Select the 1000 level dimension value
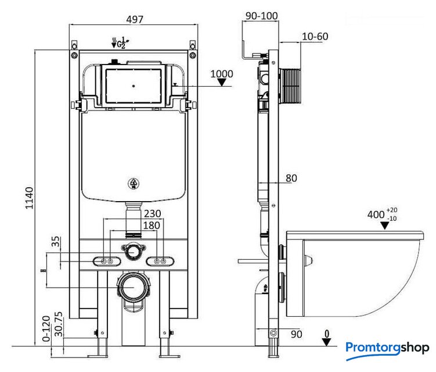click(x=222, y=74)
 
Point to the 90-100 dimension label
click(x=261, y=16)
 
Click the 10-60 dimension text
click(x=315, y=37)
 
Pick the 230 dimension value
click(x=152, y=213)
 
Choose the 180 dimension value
click(x=152, y=224)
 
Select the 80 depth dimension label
click(x=291, y=178)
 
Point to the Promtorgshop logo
click(x=387, y=348)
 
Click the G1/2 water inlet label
click(x=121, y=42)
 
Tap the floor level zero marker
click(x=327, y=337)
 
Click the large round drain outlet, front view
click(x=134, y=287)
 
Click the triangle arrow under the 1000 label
click(x=221, y=83)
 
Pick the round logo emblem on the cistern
click(x=134, y=185)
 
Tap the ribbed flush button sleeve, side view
click(x=293, y=86)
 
